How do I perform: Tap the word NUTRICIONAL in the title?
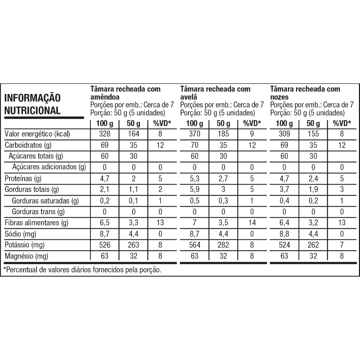[x=32, y=110]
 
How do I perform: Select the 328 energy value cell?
[x=104, y=134]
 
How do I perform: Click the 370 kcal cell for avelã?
[x=194, y=134]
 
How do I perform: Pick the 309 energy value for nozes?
[x=284, y=134]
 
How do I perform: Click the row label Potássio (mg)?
[x=25, y=245]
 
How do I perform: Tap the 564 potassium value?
[x=194, y=245]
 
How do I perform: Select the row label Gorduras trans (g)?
[x=38, y=212]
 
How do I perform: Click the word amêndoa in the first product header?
[x=105, y=97]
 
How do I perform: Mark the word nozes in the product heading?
[x=279, y=97]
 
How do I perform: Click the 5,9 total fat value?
[x=194, y=190]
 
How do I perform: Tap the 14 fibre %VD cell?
[x=252, y=223]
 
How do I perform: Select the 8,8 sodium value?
[x=284, y=234]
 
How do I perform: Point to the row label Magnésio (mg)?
[x=26, y=256]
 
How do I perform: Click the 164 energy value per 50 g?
[x=133, y=134]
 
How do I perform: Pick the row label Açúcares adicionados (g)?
[x=49, y=167]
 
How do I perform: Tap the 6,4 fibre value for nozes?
[x=284, y=223]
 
